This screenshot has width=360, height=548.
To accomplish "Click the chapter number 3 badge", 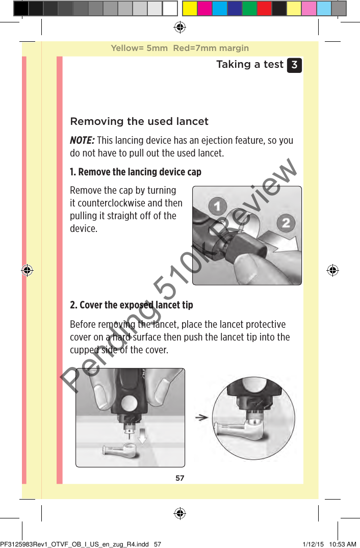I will (294, 65).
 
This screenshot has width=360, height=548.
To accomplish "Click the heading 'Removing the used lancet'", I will (139, 121).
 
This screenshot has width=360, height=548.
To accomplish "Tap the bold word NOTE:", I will (82, 141).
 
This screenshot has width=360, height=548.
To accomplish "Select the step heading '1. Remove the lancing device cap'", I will (135, 172).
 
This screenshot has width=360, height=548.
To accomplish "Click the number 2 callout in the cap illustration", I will (286, 223).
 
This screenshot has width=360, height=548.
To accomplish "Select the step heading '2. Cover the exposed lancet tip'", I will (131, 305).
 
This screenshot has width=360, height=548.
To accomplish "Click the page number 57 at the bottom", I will (180, 478).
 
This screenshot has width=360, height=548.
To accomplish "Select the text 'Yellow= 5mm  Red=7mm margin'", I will (180, 48).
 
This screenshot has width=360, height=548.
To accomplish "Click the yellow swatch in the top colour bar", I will (190, 8).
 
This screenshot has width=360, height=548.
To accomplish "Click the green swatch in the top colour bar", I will (249, 8).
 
